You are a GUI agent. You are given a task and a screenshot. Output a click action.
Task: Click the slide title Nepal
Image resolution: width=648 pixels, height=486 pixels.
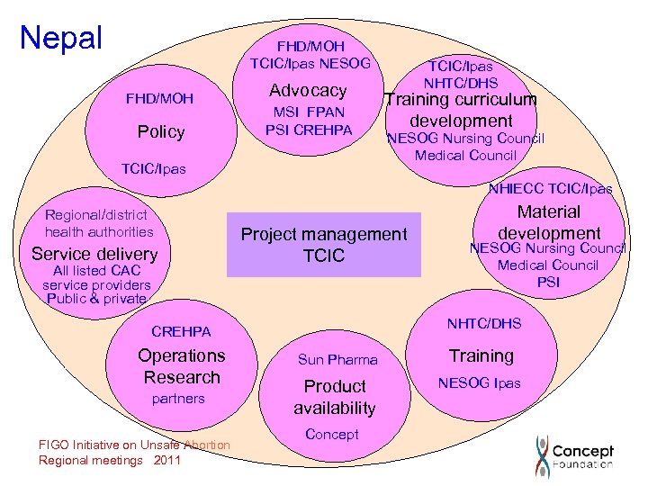[x=61, y=38]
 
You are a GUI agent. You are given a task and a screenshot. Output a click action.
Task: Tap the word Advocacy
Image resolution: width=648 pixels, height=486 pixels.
[x=308, y=90]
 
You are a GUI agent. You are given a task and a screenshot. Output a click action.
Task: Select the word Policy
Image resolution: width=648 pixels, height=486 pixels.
[x=161, y=131]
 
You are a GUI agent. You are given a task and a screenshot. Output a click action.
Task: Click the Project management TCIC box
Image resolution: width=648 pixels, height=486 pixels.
[x=323, y=245]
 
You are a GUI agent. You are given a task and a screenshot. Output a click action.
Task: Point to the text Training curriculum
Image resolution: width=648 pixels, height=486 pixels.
[x=461, y=100]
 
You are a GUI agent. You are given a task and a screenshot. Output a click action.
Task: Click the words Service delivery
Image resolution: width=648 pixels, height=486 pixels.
[x=94, y=254]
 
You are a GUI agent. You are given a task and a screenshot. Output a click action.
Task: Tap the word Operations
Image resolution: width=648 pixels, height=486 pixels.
[x=182, y=355]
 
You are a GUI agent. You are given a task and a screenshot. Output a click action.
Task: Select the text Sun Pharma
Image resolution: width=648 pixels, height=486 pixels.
[x=337, y=360]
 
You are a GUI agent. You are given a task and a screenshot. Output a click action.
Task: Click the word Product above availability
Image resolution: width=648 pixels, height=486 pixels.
[x=335, y=386]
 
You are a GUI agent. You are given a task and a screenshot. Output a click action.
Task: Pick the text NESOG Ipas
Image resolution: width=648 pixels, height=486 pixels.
[x=479, y=382]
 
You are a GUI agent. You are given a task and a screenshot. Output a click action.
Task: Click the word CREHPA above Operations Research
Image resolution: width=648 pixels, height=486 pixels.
[x=181, y=332]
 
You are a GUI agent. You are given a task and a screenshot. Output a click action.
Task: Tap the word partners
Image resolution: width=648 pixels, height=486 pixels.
[x=178, y=399]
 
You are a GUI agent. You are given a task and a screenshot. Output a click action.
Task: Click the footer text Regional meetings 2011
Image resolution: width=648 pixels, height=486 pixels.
[x=110, y=460]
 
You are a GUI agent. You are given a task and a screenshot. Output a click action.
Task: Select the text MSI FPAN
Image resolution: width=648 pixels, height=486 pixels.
[x=308, y=112]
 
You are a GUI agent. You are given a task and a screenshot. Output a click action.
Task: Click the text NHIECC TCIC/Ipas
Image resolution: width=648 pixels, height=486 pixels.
[x=550, y=189]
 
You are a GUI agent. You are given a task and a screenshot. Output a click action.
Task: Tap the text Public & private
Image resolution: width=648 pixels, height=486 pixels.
[x=96, y=299]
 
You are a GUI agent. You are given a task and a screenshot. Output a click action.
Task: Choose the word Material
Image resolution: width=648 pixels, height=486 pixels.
[x=549, y=212]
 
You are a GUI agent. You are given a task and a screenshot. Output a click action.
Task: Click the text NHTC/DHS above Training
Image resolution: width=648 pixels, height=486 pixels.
[x=484, y=323]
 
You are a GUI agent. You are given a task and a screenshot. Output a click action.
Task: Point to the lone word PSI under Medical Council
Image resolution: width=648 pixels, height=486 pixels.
[x=548, y=282]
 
